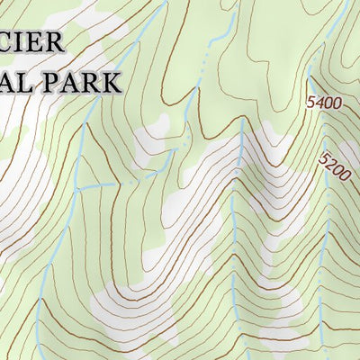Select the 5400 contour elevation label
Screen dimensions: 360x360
[324, 103]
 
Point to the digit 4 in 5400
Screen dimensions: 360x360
[318, 103]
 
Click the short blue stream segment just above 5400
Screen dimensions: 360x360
[308, 76]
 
